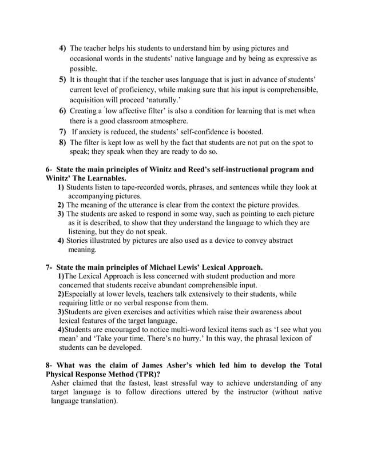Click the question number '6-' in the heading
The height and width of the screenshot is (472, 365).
point(49,169)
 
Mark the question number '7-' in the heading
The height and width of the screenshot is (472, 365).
point(49,267)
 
